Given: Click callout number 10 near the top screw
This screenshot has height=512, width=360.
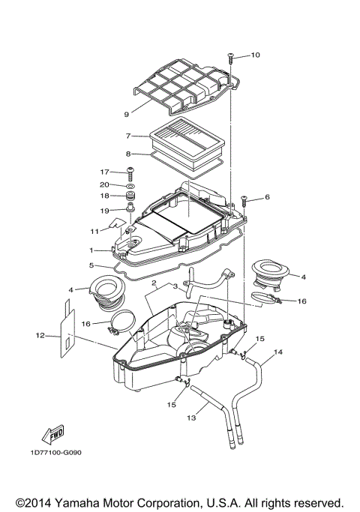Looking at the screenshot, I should point(255,55).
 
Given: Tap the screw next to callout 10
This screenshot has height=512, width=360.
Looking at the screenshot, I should point(232,56).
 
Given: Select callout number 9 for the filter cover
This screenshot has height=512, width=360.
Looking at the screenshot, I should point(127,115).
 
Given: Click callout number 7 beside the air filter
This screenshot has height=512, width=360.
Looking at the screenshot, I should point(129,136).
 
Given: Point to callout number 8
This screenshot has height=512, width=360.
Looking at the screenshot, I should point(129,154).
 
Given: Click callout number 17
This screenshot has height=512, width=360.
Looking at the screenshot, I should point(106,172).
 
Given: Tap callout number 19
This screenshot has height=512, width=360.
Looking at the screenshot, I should point(106,210).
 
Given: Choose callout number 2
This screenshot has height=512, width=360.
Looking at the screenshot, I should point(153,283).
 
